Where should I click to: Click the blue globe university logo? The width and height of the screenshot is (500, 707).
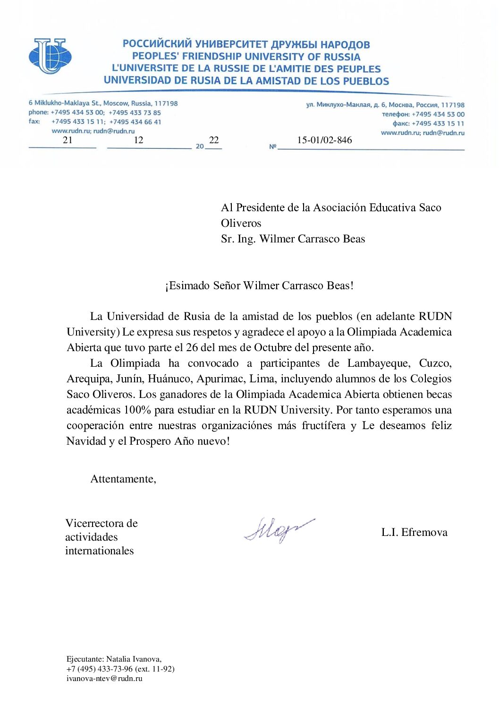[x=50, y=56]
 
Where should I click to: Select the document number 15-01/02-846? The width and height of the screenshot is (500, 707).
[x=324, y=140]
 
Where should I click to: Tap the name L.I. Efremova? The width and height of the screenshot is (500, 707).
[x=414, y=532]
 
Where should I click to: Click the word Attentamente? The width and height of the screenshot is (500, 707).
[x=123, y=479]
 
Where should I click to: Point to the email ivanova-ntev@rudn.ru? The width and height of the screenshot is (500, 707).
[x=104, y=678]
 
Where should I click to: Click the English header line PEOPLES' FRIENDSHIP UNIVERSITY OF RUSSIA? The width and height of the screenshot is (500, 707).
[x=246, y=57]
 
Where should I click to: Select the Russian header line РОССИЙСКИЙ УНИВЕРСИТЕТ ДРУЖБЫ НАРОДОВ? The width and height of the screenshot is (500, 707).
[x=246, y=44]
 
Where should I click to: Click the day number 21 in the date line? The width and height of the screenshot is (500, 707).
[x=68, y=140]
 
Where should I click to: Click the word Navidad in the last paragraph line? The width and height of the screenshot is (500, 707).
[x=86, y=441]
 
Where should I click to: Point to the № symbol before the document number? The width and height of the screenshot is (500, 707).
[x=272, y=147]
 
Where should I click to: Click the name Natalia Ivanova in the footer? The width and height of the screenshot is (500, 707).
[x=133, y=659]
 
